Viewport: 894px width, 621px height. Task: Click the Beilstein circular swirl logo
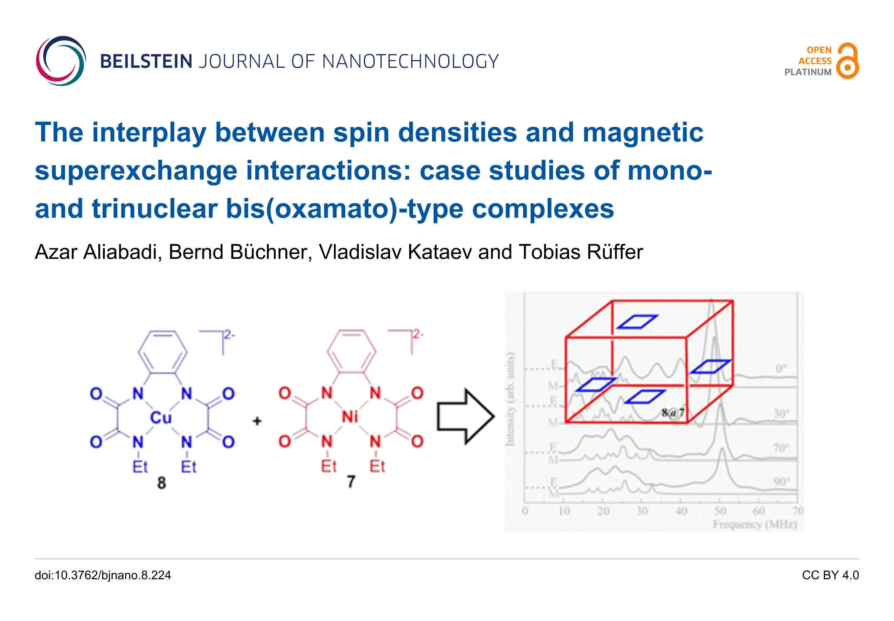pos(61,61)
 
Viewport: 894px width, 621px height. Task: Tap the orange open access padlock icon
pos(847,61)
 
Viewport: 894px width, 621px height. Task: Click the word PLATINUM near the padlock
pos(808,72)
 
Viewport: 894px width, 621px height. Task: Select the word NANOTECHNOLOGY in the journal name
pos(410,62)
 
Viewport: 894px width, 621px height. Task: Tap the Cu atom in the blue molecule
pos(161,418)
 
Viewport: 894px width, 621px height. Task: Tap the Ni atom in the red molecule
pos(350,417)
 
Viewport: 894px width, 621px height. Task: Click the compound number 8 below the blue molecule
pos(161,483)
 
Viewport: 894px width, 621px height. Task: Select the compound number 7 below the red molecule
pos(351,482)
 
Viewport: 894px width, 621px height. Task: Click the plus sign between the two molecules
pos(257,421)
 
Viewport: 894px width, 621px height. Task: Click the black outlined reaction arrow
pos(465,416)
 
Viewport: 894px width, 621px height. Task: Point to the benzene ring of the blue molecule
pos(163,352)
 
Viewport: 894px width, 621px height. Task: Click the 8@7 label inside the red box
pos(673,413)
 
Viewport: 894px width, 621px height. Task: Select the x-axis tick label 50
pos(720,511)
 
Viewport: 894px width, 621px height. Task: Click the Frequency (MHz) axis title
pos(755,525)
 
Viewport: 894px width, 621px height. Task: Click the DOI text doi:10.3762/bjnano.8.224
pos(103,575)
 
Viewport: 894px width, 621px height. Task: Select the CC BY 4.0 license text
pos(830,575)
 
